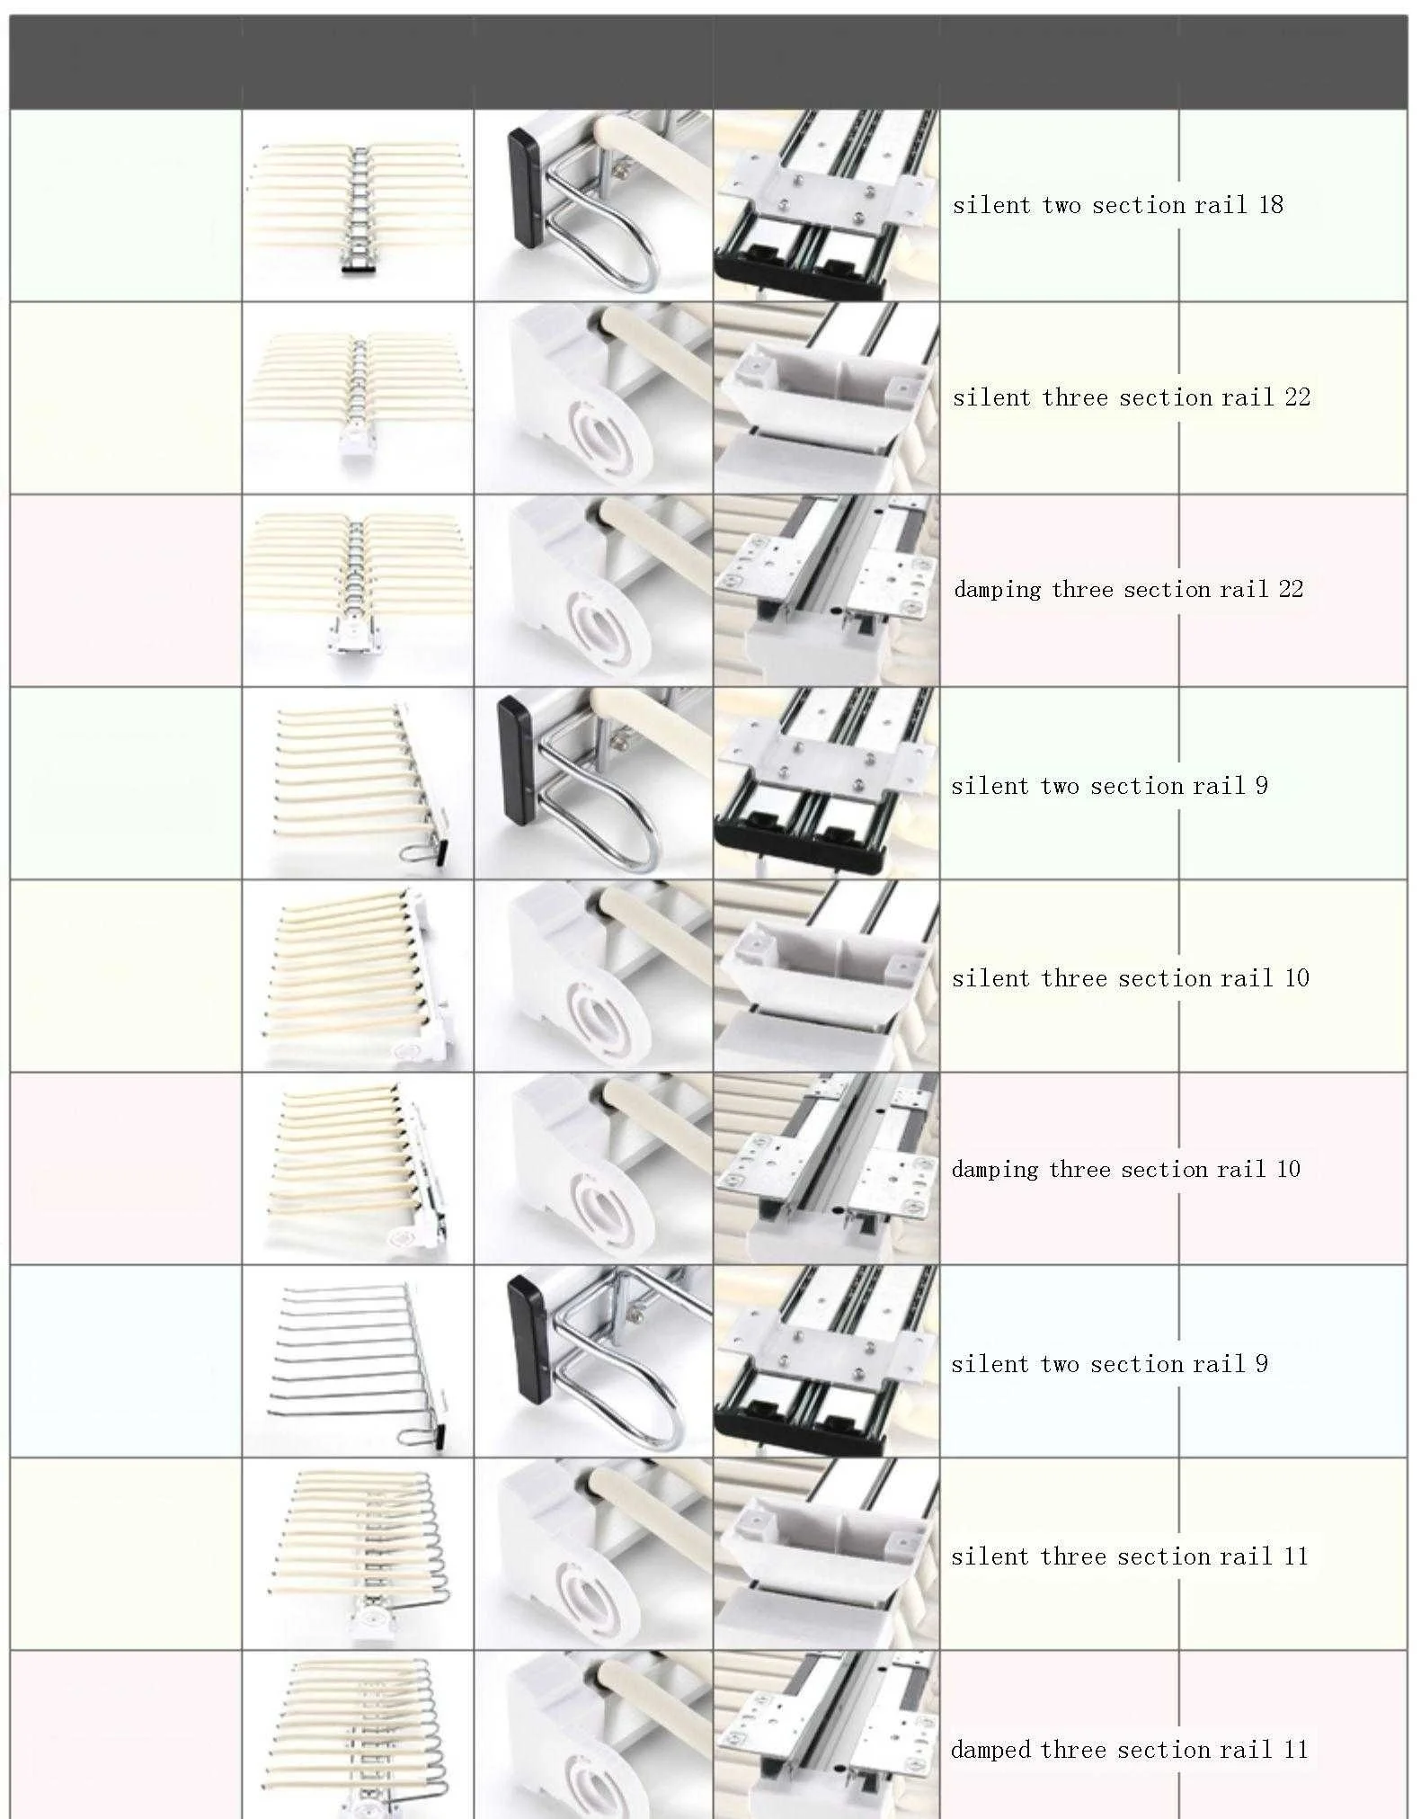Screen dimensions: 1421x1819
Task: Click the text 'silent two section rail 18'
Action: [x=1117, y=205]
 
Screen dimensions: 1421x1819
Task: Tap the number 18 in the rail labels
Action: [x=1270, y=205]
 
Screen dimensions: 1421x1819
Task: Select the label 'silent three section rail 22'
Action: [x=1131, y=397]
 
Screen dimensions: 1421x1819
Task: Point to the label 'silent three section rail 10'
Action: [x=1130, y=978]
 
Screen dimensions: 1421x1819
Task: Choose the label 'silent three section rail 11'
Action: [x=1129, y=1556]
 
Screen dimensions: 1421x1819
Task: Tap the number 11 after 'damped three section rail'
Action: [x=1294, y=1750]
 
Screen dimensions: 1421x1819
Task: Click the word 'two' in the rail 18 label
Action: [x=1061, y=205]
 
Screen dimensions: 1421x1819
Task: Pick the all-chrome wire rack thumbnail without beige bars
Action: [x=358, y=1362]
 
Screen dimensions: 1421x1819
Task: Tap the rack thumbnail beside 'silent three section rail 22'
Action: [x=358, y=397]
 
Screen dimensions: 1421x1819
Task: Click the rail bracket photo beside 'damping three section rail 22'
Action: [x=826, y=590]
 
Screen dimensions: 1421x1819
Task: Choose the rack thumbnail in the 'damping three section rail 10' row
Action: [x=358, y=1169]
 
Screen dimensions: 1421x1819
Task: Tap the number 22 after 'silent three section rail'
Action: [x=1297, y=397]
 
